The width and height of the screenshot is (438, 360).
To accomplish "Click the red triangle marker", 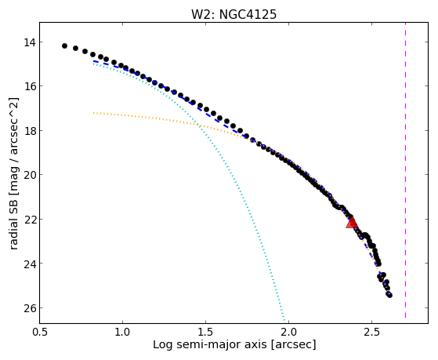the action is [352, 223].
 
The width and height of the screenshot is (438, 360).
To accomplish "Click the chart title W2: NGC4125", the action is [233, 15].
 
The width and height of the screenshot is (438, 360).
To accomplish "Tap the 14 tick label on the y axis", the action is [30, 42].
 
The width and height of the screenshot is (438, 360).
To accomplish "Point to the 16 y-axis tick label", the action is [30, 86].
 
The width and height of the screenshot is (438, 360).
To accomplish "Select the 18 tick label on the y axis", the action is [30, 131].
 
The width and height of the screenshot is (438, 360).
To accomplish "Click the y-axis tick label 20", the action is [30, 175].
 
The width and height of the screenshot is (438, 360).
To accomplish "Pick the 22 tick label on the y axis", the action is [30, 220].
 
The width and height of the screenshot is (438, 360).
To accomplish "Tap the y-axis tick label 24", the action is [30, 264].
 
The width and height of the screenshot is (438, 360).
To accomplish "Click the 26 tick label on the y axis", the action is [30, 308].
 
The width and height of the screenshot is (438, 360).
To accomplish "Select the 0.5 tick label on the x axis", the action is [40, 332].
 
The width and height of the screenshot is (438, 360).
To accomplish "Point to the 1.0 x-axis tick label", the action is [123, 332].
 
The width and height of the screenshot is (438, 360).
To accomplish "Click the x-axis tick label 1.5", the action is [205, 332].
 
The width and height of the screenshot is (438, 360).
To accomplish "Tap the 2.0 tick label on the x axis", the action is [288, 332].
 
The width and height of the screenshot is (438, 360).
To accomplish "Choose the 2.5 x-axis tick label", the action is [372, 332].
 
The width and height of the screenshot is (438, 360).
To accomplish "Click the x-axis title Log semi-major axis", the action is [210, 345].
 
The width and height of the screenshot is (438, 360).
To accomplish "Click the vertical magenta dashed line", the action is [405, 170].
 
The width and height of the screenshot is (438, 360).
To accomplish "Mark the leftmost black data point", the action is [64, 45].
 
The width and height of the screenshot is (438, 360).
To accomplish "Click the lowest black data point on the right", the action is [390, 295].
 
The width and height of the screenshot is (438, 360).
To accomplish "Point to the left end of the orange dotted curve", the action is [93, 113].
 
